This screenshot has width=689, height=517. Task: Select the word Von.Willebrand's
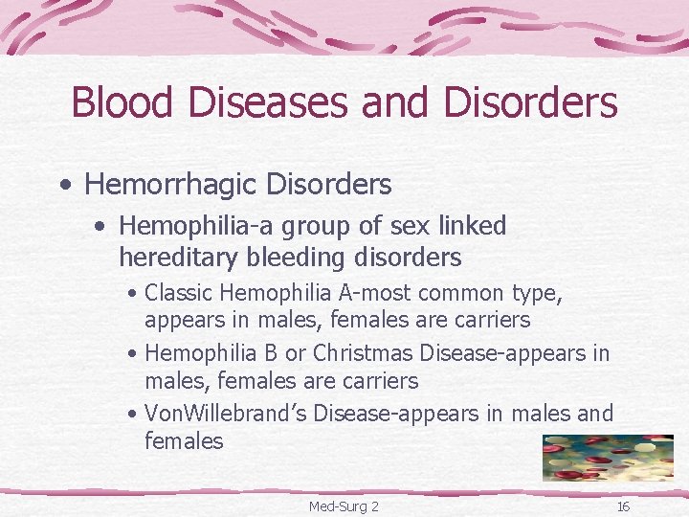coord(225,413)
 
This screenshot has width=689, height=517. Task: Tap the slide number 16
coord(623,506)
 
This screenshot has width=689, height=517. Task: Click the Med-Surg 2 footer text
coord(344,506)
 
